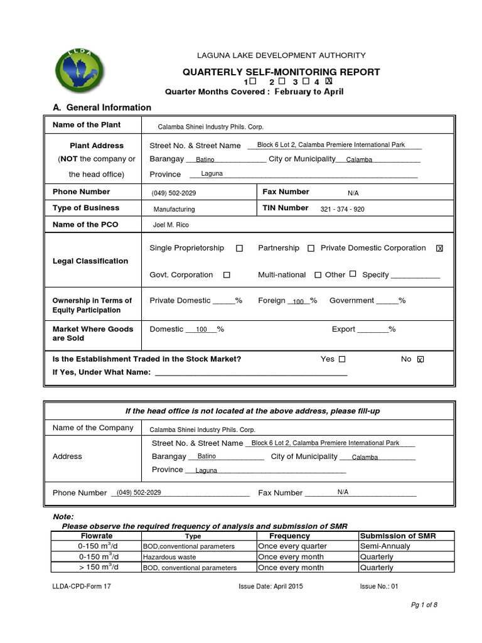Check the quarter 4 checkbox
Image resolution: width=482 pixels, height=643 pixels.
click(329, 81)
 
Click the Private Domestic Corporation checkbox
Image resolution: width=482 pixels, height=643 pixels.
click(439, 249)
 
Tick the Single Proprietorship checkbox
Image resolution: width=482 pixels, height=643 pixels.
click(240, 249)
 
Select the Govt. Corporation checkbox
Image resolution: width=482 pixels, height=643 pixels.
click(227, 275)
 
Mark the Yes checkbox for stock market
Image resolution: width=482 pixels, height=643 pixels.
click(342, 359)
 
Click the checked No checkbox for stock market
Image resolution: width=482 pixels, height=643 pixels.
click(420, 359)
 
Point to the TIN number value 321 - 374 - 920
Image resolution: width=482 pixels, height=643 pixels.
click(342, 209)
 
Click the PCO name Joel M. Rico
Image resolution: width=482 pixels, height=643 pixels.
click(171, 225)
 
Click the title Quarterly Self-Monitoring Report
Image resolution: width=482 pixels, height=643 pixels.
click(281, 72)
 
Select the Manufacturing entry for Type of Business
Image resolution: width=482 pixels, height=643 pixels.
click(174, 209)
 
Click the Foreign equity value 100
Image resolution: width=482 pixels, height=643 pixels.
click(299, 302)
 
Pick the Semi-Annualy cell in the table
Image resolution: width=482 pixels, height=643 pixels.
click(384, 546)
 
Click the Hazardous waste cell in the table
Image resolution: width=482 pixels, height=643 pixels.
click(169, 557)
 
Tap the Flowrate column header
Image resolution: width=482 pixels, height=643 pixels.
click(97, 536)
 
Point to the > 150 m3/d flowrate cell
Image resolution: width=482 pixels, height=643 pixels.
click(98, 568)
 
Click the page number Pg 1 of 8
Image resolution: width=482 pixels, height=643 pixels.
click(424, 605)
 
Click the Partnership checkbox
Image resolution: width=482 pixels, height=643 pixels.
click(311, 249)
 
